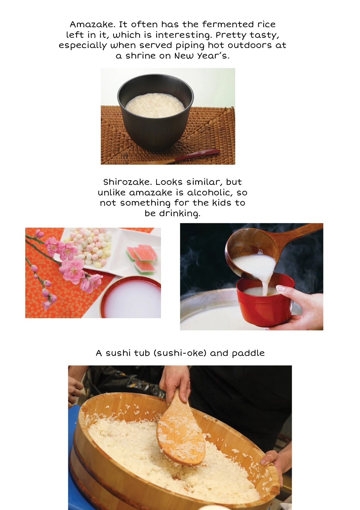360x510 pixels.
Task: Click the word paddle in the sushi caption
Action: coord(248,353)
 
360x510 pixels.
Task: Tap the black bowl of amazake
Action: coord(156,111)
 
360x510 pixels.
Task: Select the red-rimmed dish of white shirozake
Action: coord(131,298)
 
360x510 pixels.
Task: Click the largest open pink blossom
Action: coord(72,271)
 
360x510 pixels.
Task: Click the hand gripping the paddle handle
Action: coord(174,384)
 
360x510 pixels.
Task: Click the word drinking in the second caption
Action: coord(180,214)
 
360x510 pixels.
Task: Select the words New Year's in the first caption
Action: coord(202,56)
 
